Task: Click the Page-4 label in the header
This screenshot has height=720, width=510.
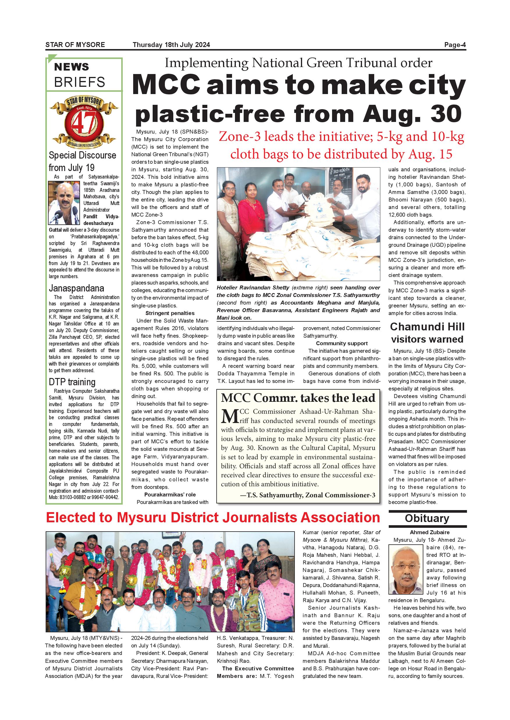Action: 455,45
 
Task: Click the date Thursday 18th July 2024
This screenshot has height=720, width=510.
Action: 171,45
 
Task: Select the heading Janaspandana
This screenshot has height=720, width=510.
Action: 76,288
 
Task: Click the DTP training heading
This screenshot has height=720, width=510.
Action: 72,382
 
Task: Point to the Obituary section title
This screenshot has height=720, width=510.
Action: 427,518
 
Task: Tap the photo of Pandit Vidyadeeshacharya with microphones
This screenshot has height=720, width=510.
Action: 64,203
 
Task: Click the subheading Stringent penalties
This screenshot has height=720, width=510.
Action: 170,313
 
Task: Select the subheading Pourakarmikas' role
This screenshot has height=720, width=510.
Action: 170,494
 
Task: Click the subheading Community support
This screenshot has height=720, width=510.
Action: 342,343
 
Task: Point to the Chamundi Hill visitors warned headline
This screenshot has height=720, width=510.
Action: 427,333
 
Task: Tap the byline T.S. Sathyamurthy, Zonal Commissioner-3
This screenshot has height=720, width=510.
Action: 307,495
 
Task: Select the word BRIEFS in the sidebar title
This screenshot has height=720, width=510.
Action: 79,82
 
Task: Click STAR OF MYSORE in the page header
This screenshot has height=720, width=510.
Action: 75,45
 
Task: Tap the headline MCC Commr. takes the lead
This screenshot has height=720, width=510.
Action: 298,398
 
